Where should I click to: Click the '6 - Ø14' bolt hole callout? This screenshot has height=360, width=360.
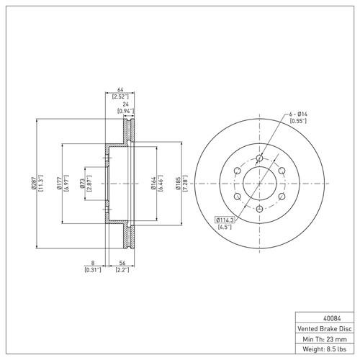(299, 114)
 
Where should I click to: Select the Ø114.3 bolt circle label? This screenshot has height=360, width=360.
(225, 219)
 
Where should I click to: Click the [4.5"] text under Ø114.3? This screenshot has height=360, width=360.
(225, 227)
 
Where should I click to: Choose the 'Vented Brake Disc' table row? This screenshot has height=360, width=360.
(326, 328)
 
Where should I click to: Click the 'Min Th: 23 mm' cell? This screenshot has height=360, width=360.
(326, 338)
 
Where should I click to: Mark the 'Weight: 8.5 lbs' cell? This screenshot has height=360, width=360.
(326, 349)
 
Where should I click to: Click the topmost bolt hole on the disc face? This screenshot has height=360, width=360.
(258, 159)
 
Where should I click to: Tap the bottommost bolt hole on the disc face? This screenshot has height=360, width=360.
(258, 208)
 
